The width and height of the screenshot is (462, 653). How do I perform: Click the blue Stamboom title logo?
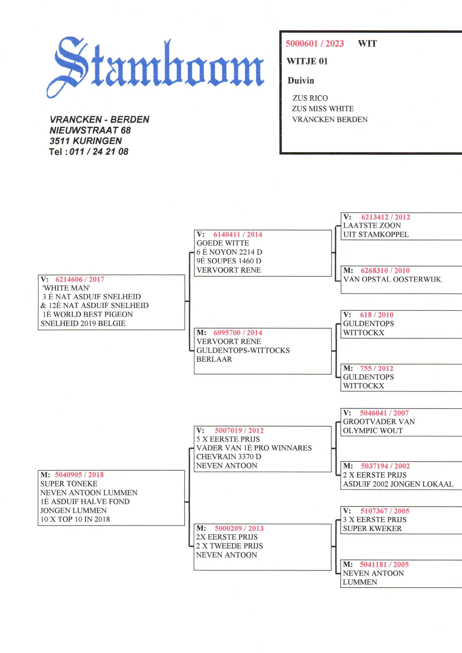[155, 67]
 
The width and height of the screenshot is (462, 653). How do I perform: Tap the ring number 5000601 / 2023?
[314, 44]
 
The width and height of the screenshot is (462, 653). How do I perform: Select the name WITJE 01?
[307, 61]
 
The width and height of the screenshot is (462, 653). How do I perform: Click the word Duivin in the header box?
[301, 81]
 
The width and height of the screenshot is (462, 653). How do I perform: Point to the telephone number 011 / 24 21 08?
[99, 151]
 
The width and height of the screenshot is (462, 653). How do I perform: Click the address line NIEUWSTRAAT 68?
[90, 130]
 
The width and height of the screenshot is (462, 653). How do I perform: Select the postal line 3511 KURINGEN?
[86, 141]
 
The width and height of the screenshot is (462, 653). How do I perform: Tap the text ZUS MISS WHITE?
[323, 109]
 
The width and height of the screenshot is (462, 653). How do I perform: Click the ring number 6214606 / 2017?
[80, 279]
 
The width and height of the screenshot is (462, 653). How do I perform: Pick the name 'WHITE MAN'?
[66, 288]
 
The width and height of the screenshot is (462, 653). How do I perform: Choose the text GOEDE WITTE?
[222, 243]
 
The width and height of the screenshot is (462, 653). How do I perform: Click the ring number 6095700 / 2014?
[237, 333]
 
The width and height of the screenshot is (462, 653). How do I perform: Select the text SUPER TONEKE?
[69, 484]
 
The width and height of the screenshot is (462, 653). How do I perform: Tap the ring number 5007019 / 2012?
[239, 431]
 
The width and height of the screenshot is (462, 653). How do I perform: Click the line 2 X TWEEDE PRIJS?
[229, 546]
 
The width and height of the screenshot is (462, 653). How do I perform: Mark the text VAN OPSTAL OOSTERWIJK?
[392, 279]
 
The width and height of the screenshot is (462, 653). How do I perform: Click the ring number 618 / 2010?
[376, 315]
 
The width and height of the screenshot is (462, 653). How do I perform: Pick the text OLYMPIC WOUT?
[373, 431]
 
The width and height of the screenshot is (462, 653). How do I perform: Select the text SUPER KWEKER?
[372, 528]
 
